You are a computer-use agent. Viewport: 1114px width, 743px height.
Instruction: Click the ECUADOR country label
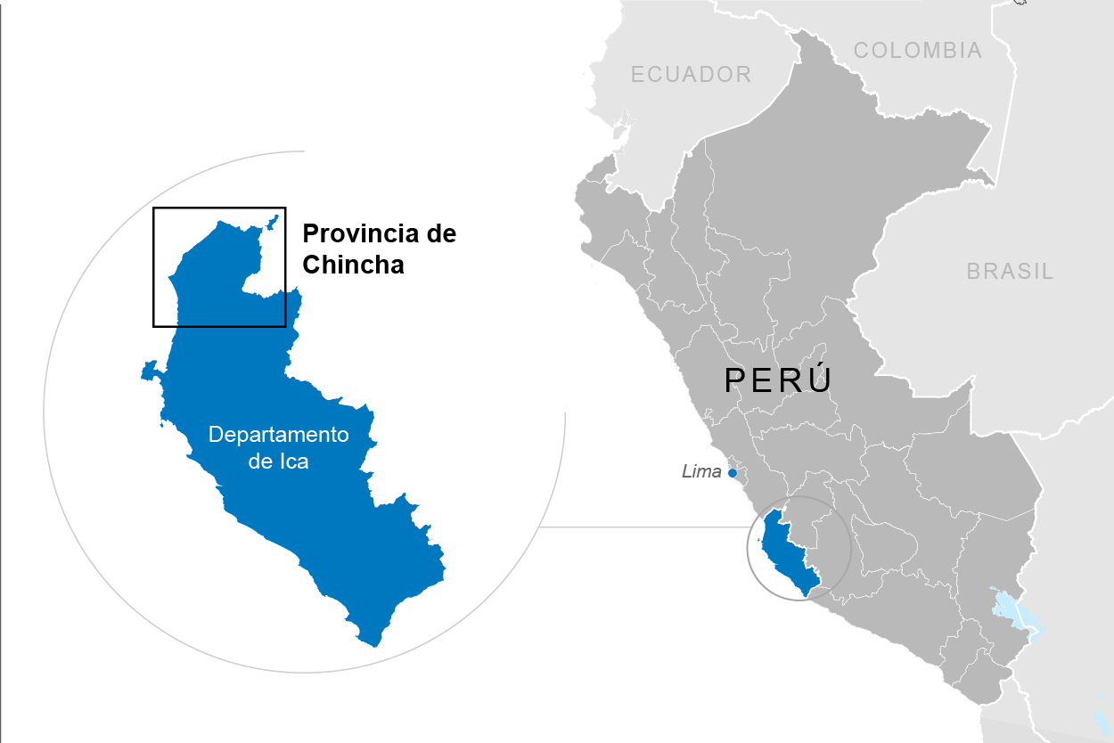[x=691, y=74]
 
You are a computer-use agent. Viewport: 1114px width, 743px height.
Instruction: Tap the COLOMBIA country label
[x=917, y=51]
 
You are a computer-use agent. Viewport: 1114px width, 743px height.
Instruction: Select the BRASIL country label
[x=1010, y=272]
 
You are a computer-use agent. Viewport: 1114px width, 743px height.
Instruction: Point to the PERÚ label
[x=778, y=380]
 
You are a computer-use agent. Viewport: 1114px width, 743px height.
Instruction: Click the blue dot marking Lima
[x=733, y=473]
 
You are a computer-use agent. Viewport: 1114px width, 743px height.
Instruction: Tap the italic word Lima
[x=701, y=472]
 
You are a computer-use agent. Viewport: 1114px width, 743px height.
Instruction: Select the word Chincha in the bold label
[x=353, y=265]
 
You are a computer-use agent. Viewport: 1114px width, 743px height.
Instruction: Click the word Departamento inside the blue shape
[x=278, y=435]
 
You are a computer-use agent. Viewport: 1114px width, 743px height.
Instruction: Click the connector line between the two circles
[x=642, y=527]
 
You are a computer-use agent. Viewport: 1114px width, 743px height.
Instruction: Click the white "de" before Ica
[x=260, y=461]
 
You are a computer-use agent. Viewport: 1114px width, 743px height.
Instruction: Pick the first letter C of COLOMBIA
[x=861, y=51]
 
